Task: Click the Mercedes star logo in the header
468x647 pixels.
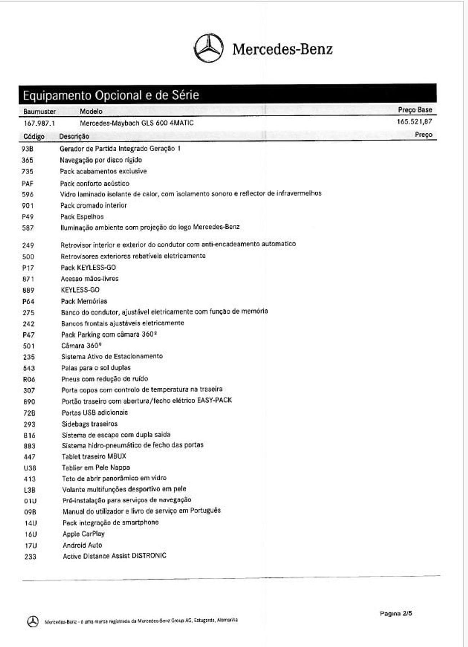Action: pos(208,48)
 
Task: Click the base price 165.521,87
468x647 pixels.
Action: pos(414,121)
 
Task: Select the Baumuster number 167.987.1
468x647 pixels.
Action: pos(39,123)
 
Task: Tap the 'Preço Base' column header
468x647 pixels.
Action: pos(415,110)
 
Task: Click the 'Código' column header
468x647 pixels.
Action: pos(34,136)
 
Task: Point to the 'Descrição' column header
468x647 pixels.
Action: pos(74,136)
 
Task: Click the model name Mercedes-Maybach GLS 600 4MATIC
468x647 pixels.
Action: pos(136,123)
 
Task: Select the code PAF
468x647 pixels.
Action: pos(27,184)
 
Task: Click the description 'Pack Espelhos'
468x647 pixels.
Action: pos(82,217)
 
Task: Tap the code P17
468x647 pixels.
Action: pos(28,268)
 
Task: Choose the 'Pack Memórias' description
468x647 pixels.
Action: pos(84,301)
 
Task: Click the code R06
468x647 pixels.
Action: pos(29,379)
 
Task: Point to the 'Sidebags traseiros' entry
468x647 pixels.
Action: pos(90,424)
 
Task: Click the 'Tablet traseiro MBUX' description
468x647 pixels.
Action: pos(94,456)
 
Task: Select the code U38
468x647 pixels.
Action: pos(30,468)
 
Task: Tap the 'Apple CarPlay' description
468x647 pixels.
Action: pos(84,534)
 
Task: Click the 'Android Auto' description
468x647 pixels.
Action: pos(82,545)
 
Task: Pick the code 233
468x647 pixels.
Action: pos(30,557)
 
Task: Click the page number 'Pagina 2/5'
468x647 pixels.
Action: pos(396,613)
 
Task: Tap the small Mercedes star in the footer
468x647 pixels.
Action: pos(33,621)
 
